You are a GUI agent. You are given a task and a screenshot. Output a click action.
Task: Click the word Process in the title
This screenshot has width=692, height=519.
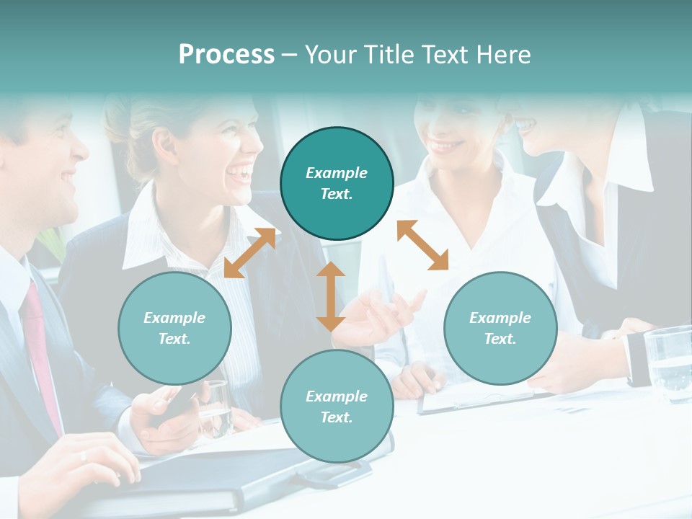pyautogui.click(x=226, y=55)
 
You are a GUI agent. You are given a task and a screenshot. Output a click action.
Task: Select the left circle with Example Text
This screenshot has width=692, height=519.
pyautogui.click(x=174, y=328)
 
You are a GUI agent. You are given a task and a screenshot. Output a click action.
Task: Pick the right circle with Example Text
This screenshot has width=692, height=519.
pyautogui.click(x=500, y=328)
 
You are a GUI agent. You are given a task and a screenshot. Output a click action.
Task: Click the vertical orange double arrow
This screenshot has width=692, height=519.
pyautogui.click(x=331, y=296)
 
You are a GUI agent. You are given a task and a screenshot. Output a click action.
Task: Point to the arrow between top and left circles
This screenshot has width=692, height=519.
pyautogui.click(x=249, y=252)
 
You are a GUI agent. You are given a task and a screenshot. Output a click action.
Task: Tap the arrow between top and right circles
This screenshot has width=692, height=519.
pyautogui.click(x=423, y=245)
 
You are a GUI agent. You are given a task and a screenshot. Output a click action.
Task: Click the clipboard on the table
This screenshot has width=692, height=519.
pyautogui.click(x=476, y=396)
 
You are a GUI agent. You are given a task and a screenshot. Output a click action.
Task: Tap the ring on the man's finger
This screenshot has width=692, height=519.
pyautogui.click(x=84, y=456)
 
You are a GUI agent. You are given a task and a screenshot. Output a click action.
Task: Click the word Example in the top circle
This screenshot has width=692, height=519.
pyautogui.click(x=337, y=173)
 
